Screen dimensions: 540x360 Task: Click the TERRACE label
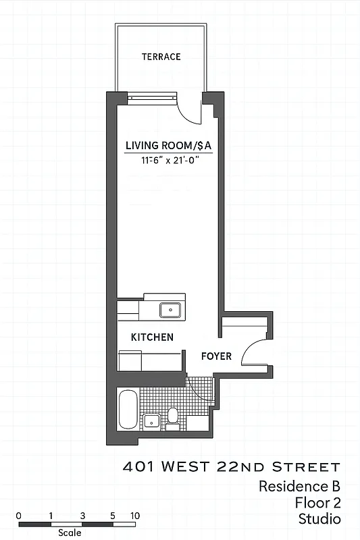point(161,57)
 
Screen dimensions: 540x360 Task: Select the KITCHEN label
point(152,337)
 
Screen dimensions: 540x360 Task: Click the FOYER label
point(216,356)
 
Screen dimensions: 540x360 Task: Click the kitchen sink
point(170,310)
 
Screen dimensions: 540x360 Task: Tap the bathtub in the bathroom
point(127,410)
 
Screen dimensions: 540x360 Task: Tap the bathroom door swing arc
point(199,396)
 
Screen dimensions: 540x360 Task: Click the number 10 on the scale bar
point(135,515)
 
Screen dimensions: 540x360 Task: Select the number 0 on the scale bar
point(18,515)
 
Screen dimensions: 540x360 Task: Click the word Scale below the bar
point(70,533)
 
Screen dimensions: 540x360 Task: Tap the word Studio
point(319,519)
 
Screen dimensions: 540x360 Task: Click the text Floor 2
point(317,503)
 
